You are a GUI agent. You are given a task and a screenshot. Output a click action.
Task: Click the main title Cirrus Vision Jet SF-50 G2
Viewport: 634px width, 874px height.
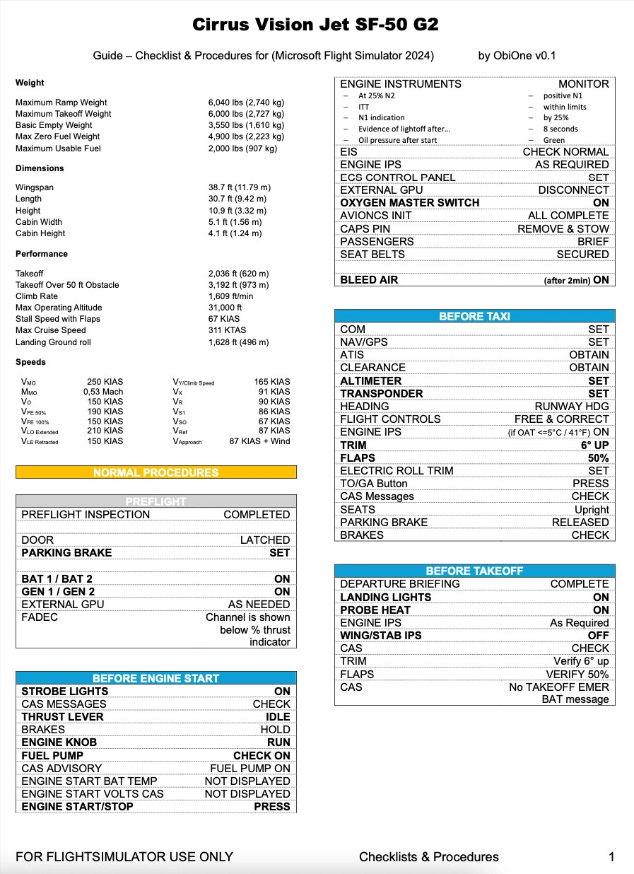[x=316, y=25]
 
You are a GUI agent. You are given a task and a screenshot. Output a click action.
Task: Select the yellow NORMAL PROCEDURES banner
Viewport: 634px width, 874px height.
[x=155, y=472]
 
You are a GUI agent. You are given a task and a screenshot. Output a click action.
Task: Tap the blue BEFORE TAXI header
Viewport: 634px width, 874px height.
[x=474, y=316]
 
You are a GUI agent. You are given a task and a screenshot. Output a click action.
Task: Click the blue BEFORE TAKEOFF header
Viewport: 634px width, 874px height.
[x=474, y=571]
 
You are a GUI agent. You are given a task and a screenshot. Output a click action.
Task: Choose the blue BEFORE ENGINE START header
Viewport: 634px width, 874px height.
[x=155, y=678]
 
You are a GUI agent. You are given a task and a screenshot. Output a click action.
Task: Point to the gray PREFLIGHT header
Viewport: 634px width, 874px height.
[x=155, y=501]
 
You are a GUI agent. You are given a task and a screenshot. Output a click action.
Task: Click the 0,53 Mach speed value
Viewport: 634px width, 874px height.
[x=103, y=392]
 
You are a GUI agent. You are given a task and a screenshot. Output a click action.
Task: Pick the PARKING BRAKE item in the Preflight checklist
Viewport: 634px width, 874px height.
[x=66, y=553]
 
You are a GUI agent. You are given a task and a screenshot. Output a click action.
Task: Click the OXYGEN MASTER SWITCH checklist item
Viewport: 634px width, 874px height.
[x=409, y=203]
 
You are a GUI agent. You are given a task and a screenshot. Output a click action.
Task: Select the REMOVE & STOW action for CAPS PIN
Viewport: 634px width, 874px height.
[x=563, y=228]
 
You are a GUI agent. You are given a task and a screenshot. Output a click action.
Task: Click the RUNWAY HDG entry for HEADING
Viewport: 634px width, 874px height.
[x=571, y=406]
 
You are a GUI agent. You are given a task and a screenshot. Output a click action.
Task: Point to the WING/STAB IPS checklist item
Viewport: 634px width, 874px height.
[x=380, y=636]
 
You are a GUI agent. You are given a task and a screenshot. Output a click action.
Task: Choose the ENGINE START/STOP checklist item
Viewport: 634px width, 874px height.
[x=77, y=806]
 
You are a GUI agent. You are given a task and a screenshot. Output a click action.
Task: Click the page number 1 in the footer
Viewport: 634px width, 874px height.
[x=611, y=857]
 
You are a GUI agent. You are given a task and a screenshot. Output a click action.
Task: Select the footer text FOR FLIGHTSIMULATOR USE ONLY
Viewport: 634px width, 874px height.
[x=124, y=857]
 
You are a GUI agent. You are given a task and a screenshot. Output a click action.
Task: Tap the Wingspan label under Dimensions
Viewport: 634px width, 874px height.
[x=34, y=187]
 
